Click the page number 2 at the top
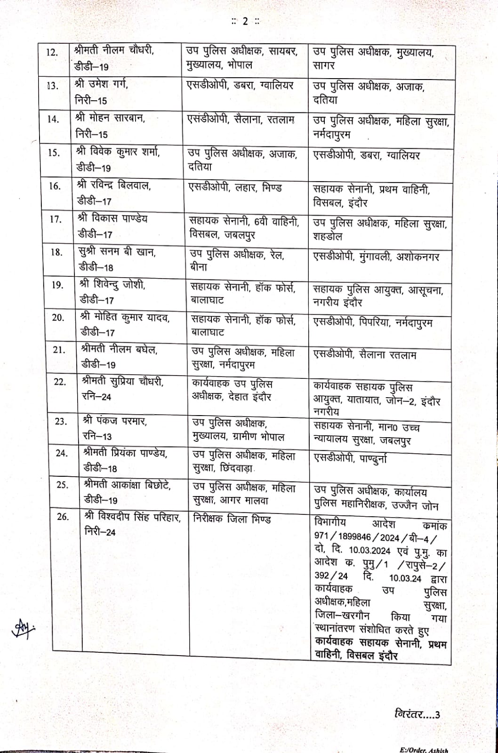pos(245,21)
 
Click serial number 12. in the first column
pos(52,52)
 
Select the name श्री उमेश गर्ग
pos(101,85)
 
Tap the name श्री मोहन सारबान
pos(110,118)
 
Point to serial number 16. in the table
pos(56,186)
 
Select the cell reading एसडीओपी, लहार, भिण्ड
pos(235,187)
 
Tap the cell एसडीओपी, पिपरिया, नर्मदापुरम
pos(373,323)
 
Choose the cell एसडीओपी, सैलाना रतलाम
pos(365,355)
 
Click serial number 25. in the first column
pos(61,485)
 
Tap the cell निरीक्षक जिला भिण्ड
pos(232,520)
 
